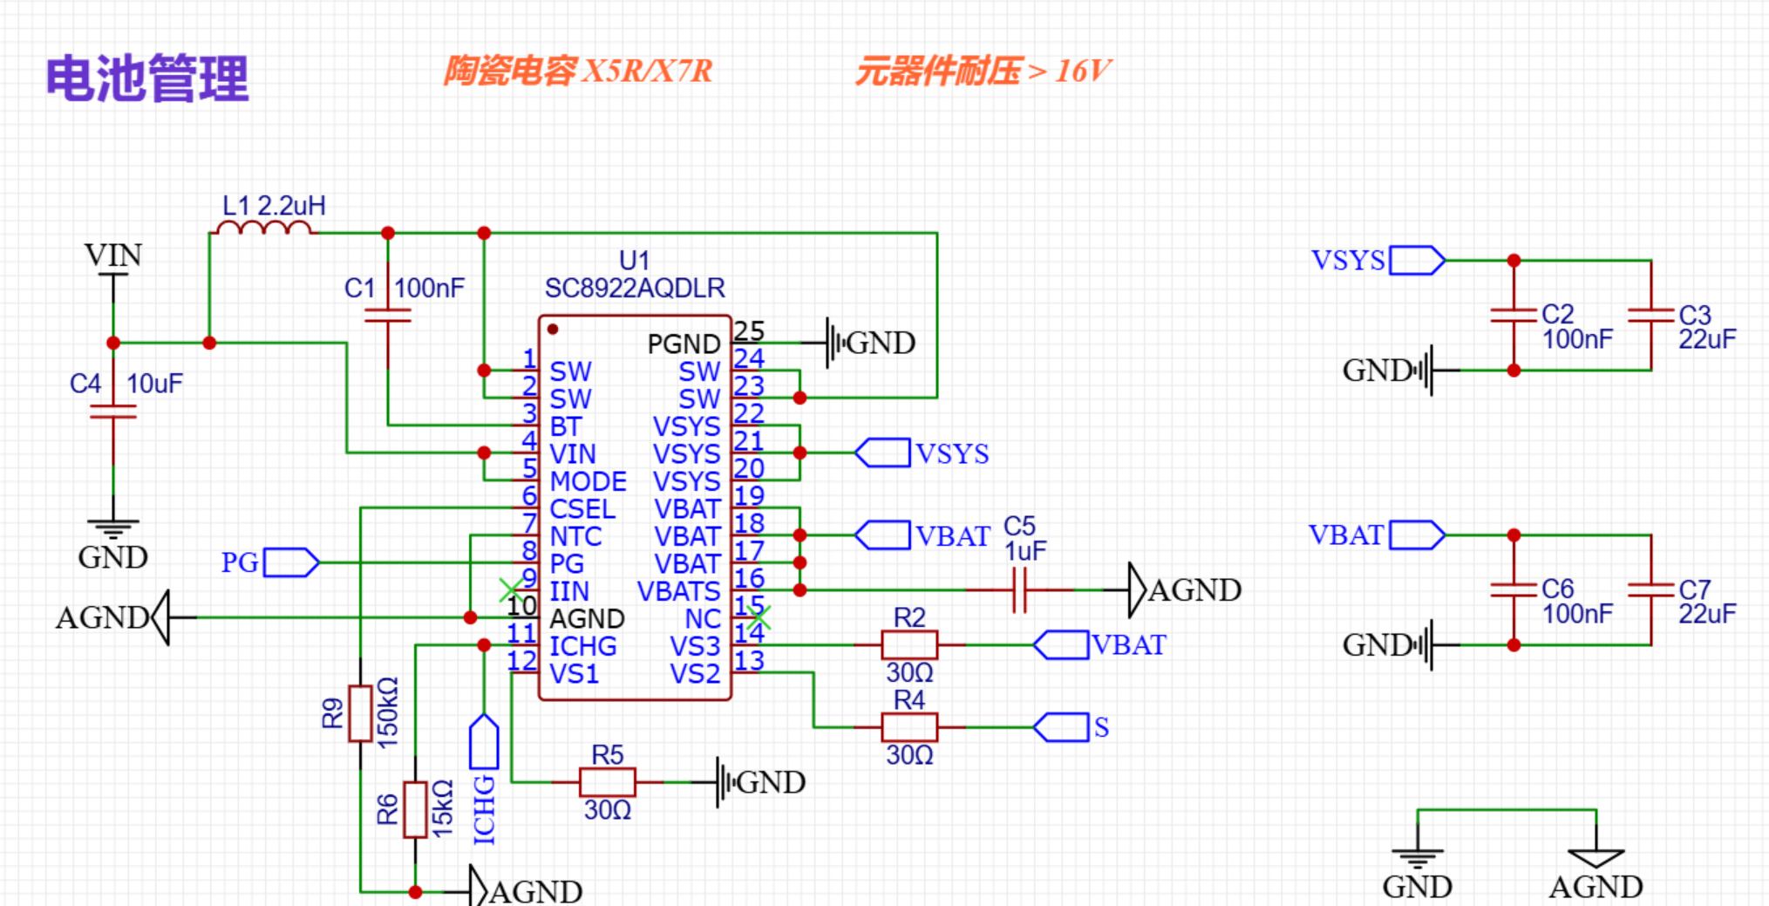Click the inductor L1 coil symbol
pos(263,228)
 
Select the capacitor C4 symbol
pos(113,411)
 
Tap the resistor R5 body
pos(608,782)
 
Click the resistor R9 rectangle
pos(360,713)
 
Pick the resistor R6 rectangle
pos(415,810)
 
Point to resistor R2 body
pos(909,645)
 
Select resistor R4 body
pos(909,727)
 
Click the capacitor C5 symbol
pos(1019,590)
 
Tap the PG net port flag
pos(291,562)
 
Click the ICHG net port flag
pos(484,742)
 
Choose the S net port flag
pos(1061,727)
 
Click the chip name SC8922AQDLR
pos(635,289)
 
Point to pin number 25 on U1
pos(749,330)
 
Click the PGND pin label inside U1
pos(684,344)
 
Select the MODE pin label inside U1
pos(588,481)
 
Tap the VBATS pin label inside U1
pos(678,591)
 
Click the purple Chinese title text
pos(147,78)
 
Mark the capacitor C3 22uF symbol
pos(1651,315)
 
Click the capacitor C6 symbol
pos(1514,590)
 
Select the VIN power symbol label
pos(112,255)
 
